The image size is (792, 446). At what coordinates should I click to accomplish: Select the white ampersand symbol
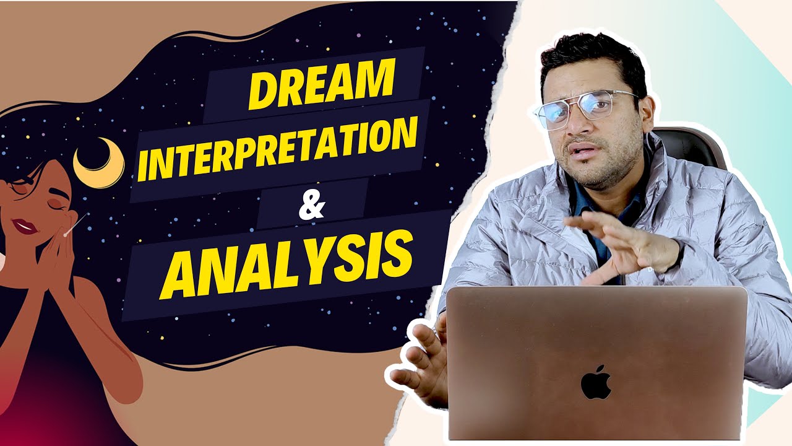[312, 206]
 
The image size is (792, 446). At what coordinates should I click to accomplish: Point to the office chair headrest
[696, 146]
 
